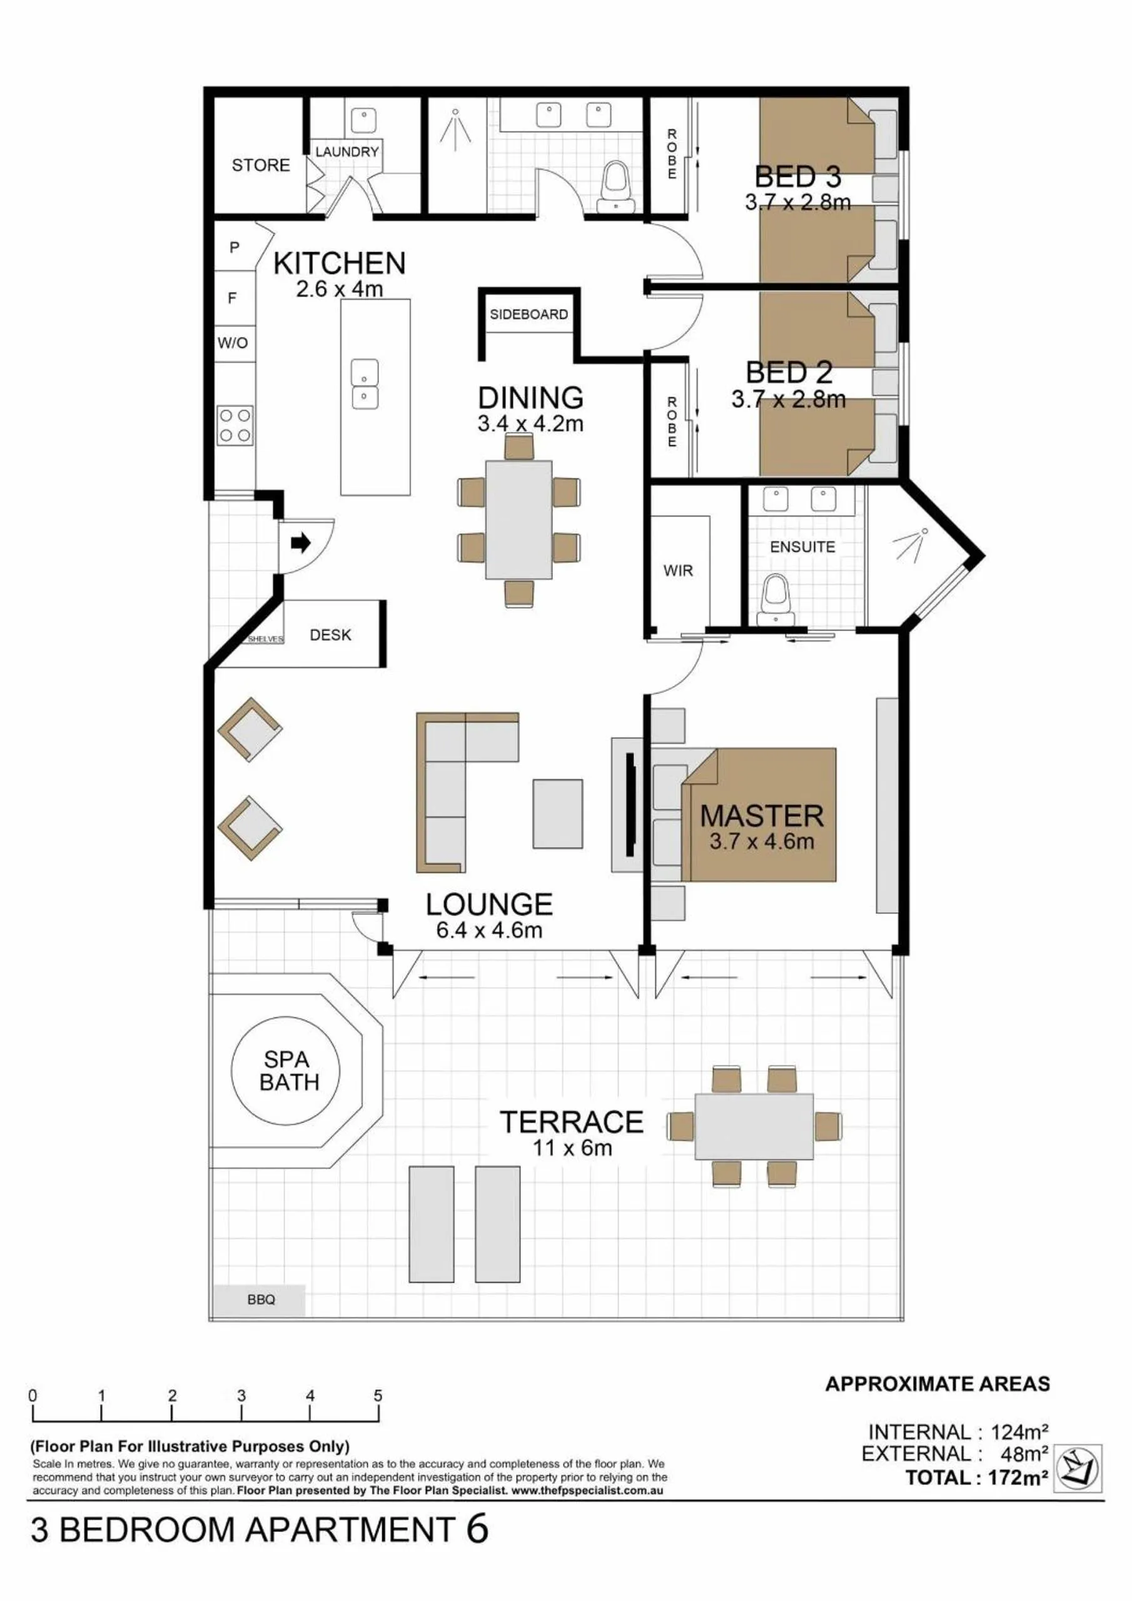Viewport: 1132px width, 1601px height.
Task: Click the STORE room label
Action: [x=261, y=165]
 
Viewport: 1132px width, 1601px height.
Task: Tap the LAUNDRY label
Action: [x=347, y=151]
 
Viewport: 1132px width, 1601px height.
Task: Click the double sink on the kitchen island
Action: [x=365, y=384]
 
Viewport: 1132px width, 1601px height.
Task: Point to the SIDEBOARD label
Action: [x=529, y=315]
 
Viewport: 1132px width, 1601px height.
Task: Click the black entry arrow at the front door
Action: [x=300, y=542]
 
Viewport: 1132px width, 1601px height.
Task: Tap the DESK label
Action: [x=330, y=635]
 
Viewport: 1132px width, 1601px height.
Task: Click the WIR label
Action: [x=678, y=571]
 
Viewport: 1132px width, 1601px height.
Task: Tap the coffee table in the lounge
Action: [x=558, y=814]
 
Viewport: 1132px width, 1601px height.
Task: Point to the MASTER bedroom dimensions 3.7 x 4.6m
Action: [x=762, y=841]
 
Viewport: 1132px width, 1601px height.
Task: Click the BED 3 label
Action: [x=797, y=176]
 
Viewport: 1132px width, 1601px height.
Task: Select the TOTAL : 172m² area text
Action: [x=978, y=1478]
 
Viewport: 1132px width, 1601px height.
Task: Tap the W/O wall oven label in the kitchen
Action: [x=232, y=343]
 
